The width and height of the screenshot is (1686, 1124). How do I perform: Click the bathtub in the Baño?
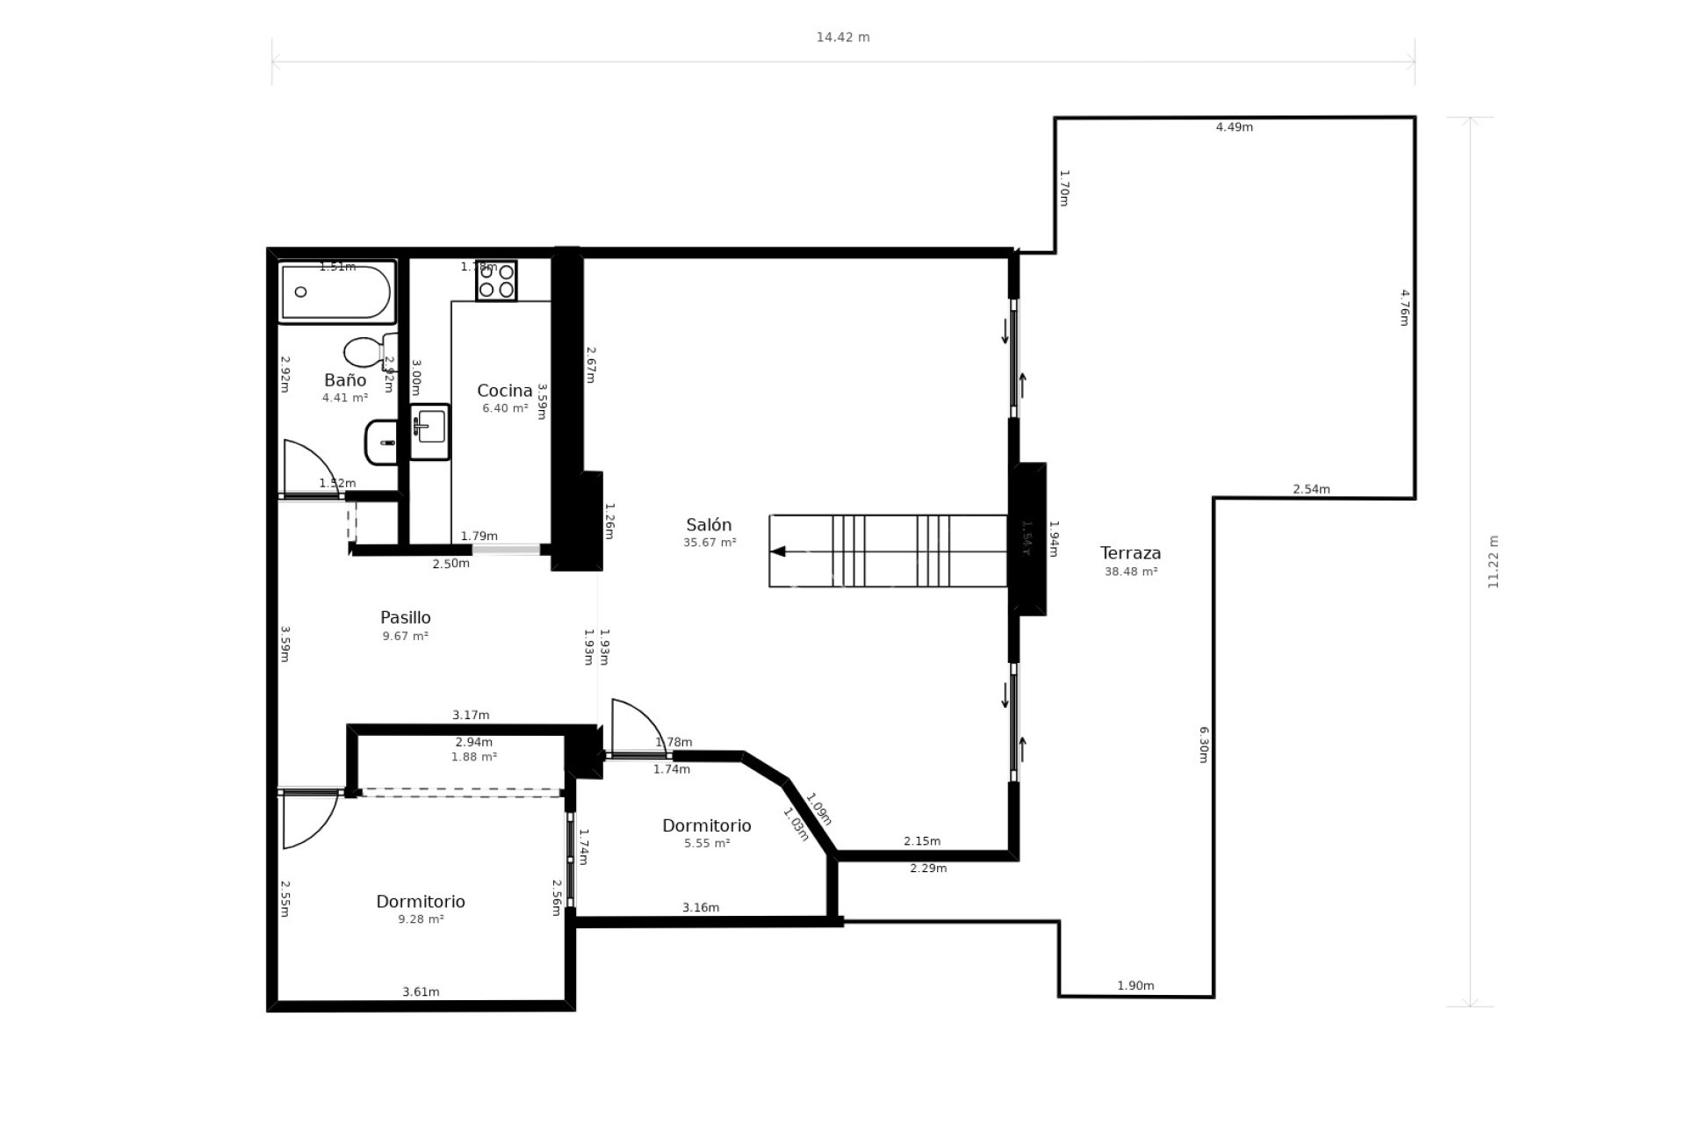[336, 292]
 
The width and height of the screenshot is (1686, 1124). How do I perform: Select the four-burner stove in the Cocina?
[496, 281]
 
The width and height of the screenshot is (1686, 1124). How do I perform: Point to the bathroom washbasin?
[382, 442]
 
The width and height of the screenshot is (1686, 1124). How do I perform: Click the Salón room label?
[709, 525]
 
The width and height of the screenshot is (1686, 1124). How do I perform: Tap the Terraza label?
[1130, 553]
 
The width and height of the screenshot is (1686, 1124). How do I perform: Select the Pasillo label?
[405, 617]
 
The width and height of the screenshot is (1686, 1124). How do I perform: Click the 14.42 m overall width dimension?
[843, 38]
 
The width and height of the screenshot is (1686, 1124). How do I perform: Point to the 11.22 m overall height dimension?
[1494, 562]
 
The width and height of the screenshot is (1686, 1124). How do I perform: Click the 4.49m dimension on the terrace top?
[1234, 127]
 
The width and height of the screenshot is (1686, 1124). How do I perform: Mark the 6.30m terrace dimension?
[1204, 744]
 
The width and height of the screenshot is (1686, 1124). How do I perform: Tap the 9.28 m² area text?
[421, 919]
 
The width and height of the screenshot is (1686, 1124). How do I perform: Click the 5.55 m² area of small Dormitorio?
[707, 844]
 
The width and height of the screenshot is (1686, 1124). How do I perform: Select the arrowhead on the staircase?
[777, 551]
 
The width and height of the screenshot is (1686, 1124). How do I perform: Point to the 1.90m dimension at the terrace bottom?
[1135, 986]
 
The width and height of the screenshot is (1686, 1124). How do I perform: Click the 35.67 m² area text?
[710, 543]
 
